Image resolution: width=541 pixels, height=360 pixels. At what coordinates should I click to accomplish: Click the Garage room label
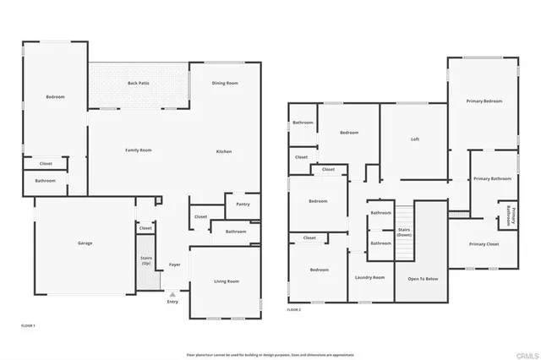point(85,243)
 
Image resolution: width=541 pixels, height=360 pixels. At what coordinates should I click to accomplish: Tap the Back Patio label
point(139,83)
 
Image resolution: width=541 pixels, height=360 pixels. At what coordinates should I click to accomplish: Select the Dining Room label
point(225,83)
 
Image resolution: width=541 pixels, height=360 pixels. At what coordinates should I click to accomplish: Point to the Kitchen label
point(223,151)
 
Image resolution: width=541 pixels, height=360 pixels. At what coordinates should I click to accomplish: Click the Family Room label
point(138,150)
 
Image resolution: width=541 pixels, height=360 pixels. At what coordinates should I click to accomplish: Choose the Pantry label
point(243,204)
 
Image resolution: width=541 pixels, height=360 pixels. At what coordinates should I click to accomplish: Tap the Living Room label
point(226,281)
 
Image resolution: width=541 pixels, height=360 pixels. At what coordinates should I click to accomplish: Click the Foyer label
point(175,265)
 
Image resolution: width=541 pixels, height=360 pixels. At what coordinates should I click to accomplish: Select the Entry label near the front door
point(172,302)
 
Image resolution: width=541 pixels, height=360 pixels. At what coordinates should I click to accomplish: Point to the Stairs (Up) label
point(146,262)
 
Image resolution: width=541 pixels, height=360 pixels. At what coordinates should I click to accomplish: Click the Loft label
point(415,139)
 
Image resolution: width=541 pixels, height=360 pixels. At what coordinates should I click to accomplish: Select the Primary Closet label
point(484,244)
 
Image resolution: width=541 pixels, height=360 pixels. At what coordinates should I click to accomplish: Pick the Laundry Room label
point(370,277)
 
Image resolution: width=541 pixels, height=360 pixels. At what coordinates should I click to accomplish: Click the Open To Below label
point(422,277)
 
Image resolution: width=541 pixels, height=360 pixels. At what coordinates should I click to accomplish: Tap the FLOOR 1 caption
point(28,325)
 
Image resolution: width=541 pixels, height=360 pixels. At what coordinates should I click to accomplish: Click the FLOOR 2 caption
point(293,310)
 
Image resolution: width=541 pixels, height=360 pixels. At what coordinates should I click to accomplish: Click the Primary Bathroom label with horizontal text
point(492,179)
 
